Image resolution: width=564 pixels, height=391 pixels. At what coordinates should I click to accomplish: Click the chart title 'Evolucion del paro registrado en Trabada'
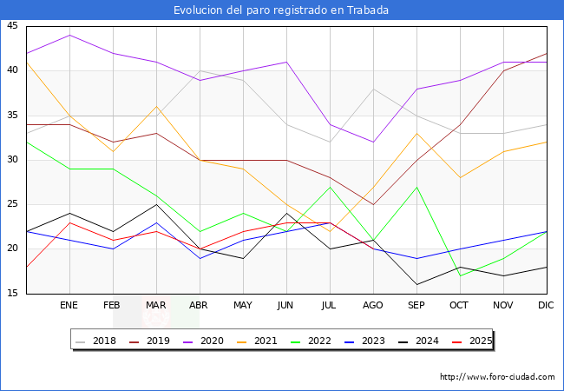[x=281, y=10]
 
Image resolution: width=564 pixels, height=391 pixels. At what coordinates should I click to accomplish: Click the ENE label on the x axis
[x=69, y=306]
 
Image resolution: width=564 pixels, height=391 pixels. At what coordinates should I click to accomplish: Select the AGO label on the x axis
[x=373, y=306]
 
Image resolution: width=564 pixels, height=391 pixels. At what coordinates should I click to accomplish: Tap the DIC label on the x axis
[x=547, y=306]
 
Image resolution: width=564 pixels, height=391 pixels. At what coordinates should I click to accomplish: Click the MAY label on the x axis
[x=243, y=306]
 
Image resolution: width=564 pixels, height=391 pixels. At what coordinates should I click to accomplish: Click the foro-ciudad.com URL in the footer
[x=497, y=377]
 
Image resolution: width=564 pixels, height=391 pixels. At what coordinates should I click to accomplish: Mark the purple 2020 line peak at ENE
[x=69, y=35]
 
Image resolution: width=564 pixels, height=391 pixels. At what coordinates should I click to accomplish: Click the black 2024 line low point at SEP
[x=416, y=284]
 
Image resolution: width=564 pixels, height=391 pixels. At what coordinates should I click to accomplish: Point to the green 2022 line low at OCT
[x=460, y=275]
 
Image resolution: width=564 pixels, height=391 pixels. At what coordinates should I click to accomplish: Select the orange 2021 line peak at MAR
[x=156, y=106]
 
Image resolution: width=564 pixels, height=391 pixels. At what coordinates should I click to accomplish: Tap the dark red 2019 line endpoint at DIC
[x=547, y=53]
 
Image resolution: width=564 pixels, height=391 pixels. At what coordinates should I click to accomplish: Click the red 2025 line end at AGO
[x=373, y=249]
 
